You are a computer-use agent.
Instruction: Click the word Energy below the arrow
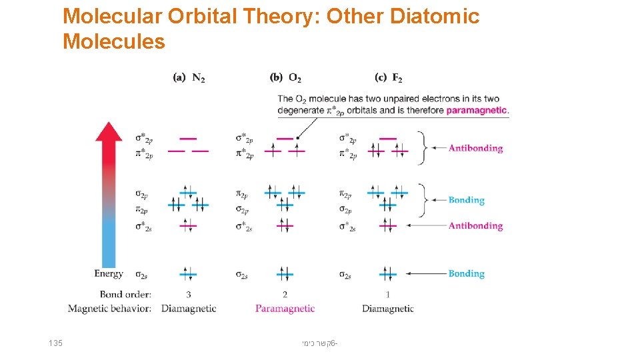click(109, 273)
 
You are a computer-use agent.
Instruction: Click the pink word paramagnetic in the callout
click(477, 110)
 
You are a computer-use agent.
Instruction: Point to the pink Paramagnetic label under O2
click(285, 309)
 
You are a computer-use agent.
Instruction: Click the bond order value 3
click(189, 294)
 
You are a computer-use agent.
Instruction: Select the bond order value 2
click(285, 294)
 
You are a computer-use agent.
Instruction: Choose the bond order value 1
click(388, 294)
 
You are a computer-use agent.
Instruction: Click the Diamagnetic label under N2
click(189, 309)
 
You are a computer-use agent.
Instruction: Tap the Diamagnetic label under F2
click(388, 309)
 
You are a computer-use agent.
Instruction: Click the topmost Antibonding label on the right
click(475, 148)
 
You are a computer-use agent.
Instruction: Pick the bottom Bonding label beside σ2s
click(467, 273)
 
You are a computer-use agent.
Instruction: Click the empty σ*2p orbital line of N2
click(189, 139)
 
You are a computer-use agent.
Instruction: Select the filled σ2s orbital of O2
click(285, 273)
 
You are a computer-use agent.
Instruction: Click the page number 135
click(56, 343)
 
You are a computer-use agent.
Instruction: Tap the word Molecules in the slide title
click(113, 42)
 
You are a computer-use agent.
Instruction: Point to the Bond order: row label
click(125, 294)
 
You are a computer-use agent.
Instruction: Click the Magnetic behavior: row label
click(109, 309)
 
